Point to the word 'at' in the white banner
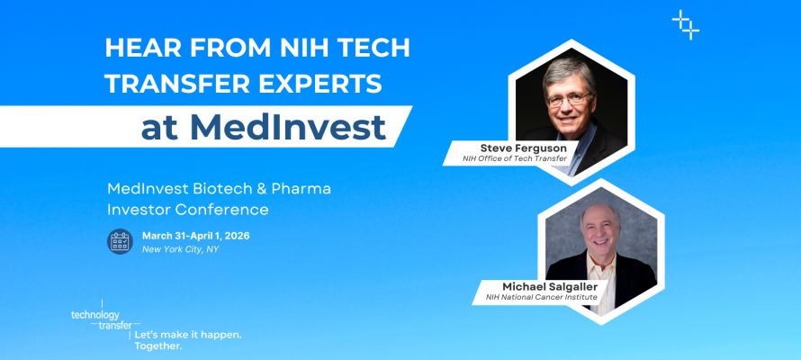(160, 128)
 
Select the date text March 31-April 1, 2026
(195, 236)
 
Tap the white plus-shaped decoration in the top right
(686, 24)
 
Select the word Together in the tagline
(157, 346)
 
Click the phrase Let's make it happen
(187, 334)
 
